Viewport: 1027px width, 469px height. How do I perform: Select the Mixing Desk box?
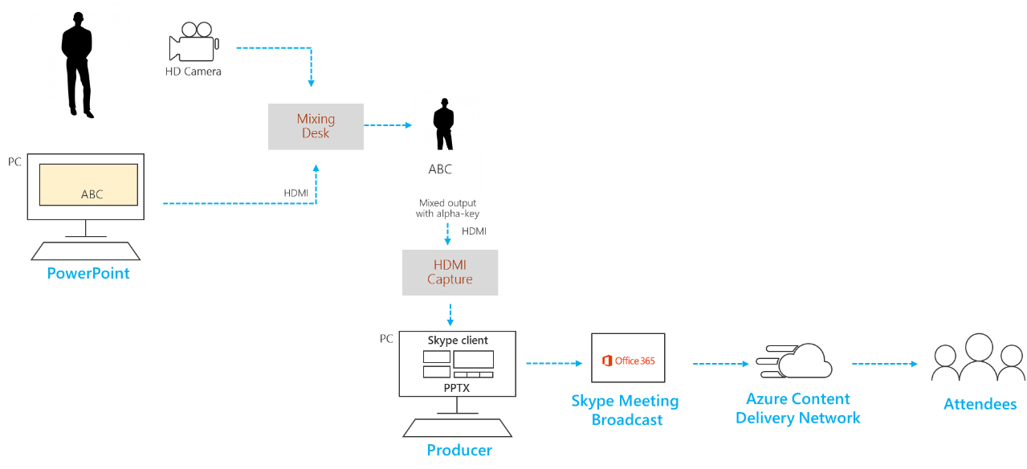point(316,127)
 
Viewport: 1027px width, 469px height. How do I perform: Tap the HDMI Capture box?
point(450,272)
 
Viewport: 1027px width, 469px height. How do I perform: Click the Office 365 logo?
point(628,361)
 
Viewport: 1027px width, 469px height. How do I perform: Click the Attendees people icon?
point(978,358)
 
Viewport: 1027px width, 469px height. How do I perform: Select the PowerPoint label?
point(88,274)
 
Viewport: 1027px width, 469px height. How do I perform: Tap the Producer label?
point(459,451)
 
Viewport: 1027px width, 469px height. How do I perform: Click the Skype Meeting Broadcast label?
point(626,410)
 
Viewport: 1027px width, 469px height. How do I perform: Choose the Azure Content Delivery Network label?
point(798,409)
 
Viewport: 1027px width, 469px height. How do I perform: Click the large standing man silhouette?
point(80,63)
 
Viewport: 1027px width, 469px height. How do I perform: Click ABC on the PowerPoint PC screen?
point(92,194)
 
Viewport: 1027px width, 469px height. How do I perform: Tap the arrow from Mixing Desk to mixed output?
point(388,125)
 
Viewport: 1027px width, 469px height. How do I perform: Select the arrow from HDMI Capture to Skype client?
point(450,314)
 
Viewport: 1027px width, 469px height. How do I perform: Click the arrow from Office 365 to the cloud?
point(720,364)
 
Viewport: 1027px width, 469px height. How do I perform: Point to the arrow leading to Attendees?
point(884,364)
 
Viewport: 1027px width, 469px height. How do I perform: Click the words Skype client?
point(458,341)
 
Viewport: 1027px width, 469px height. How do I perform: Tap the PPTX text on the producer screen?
point(456,388)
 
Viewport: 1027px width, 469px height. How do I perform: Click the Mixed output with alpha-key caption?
point(447,209)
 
